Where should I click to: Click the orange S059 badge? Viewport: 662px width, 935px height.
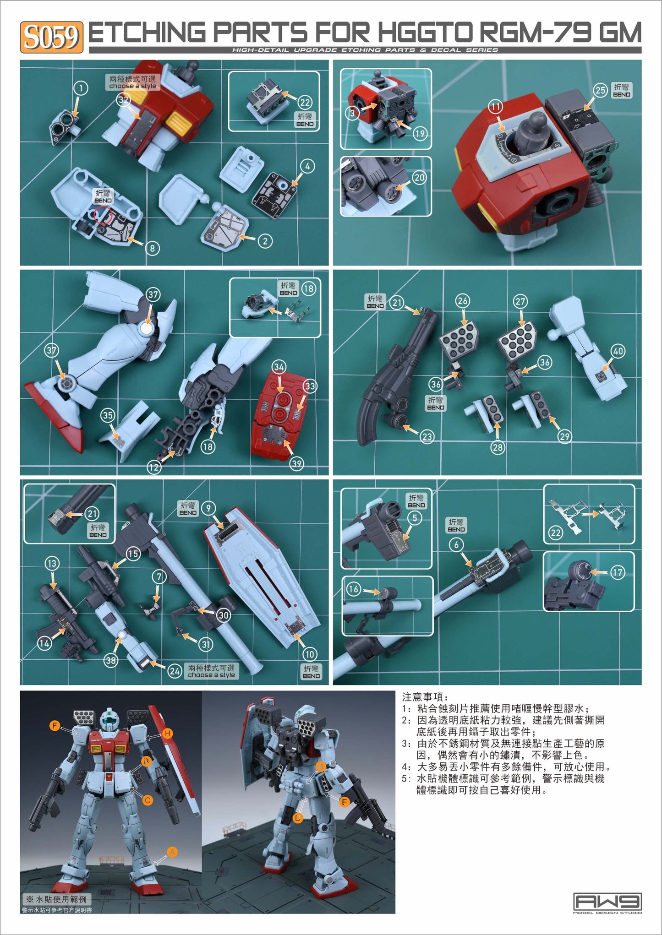click(51, 37)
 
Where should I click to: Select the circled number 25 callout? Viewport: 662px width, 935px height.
click(600, 90)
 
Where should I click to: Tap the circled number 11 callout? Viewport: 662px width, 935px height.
click(495, 107)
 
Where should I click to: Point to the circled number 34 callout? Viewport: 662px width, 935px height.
click(279, 367)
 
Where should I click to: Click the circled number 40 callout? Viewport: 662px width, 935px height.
click(618, 351)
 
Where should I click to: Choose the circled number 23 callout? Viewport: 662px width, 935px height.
click(427, 436)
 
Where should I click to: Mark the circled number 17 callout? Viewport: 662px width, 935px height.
click(618, 572)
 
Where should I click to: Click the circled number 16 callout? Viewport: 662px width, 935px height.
click(354, 589)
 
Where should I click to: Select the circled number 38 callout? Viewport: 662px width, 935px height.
click(111, 660)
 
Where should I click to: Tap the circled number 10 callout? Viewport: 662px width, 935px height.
click(310, 654)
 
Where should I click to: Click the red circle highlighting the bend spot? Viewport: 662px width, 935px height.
click(102, 214)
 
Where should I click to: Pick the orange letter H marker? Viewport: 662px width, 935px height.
click(168, 734)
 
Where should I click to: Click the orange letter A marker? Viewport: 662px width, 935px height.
click(172, 852)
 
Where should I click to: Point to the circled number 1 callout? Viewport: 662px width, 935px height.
click(81, 88)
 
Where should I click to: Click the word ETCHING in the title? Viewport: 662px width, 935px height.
click(147, 33)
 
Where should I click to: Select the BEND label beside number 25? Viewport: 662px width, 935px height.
click(621, 90)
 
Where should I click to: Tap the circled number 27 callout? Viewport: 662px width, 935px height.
click(520, 301)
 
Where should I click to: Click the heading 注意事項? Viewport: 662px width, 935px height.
click(422, 697)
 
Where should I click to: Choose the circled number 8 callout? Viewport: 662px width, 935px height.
click(152, 248)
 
